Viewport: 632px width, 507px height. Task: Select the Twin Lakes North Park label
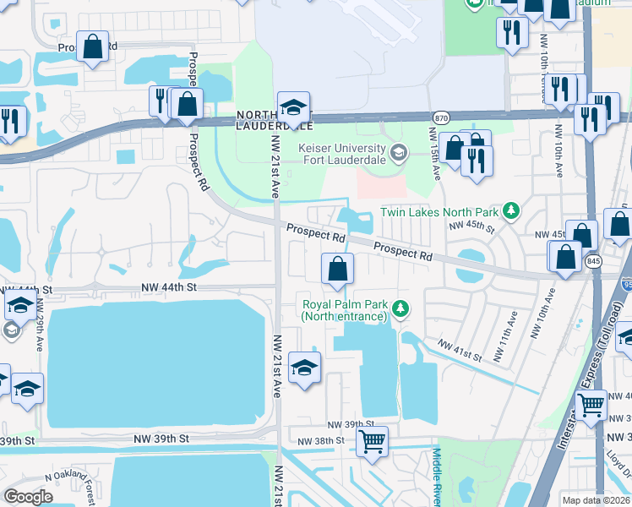439,211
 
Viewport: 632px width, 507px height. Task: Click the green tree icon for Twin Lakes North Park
510,210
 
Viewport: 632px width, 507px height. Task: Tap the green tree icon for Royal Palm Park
402,309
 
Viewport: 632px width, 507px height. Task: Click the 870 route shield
441,117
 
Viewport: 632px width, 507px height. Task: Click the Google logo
28,497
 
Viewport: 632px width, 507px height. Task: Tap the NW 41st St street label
460,351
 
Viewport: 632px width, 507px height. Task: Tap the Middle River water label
437,477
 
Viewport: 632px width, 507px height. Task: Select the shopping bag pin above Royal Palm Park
337,270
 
